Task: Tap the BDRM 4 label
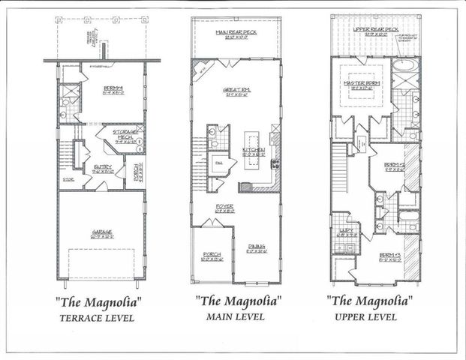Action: pyautogui.click(x=114, y=88)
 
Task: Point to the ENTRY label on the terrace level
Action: pyautogui.click(x=103, y=166)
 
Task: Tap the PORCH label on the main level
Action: pyautogui.click(x=212, y=255)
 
